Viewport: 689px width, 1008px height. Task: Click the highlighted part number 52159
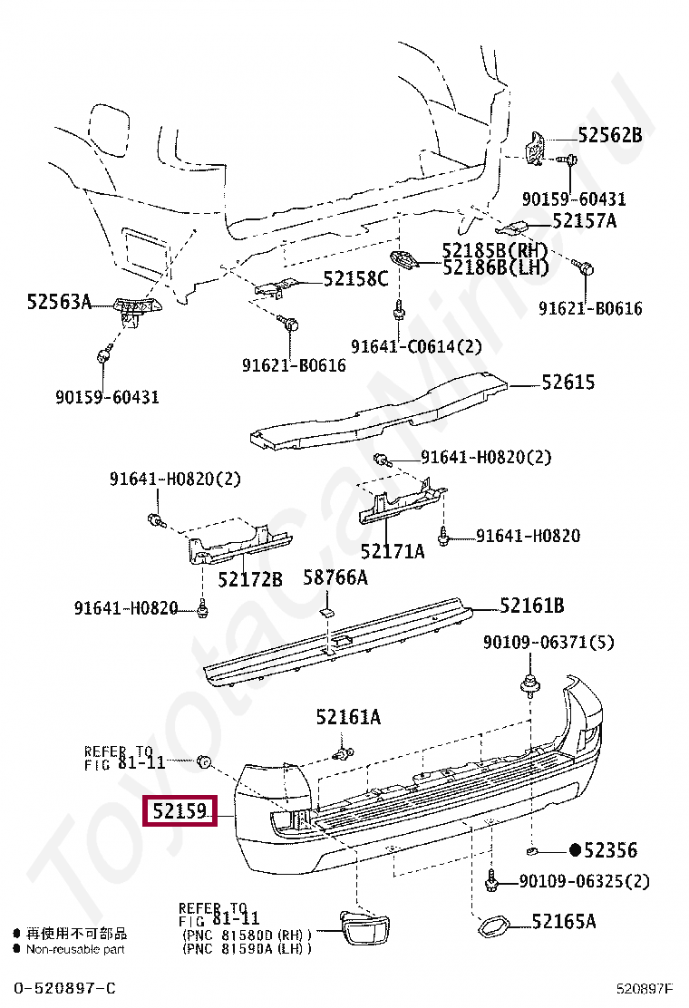click(180, 810)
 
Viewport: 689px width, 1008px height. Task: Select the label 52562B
click(609, 135)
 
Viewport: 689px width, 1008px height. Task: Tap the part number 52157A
click(584, 220)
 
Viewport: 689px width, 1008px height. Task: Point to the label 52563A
click(59, 302)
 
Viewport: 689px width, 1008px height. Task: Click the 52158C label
click(355, 278)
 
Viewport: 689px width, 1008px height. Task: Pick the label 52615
click(568, 382)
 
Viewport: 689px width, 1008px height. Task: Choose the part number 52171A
click(392, 550)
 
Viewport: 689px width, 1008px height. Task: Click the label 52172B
click(250, 577)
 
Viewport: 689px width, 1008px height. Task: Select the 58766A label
click(335, 577)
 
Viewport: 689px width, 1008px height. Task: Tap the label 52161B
click(532, 606)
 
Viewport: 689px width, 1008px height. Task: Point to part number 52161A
click(348, 718)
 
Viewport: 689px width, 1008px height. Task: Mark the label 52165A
click(563, 922)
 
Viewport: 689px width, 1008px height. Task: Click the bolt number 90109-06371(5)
click(548, 643)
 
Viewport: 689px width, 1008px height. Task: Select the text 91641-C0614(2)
click(417, 346)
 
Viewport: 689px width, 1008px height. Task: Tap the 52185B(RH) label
click(495, 250)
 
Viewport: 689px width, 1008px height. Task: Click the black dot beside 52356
click(574, 850)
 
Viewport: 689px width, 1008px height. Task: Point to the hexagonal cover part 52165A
click(491, 927)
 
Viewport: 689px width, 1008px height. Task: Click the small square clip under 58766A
click(323, 614)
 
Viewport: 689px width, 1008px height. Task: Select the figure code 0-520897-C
click(64, 987)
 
